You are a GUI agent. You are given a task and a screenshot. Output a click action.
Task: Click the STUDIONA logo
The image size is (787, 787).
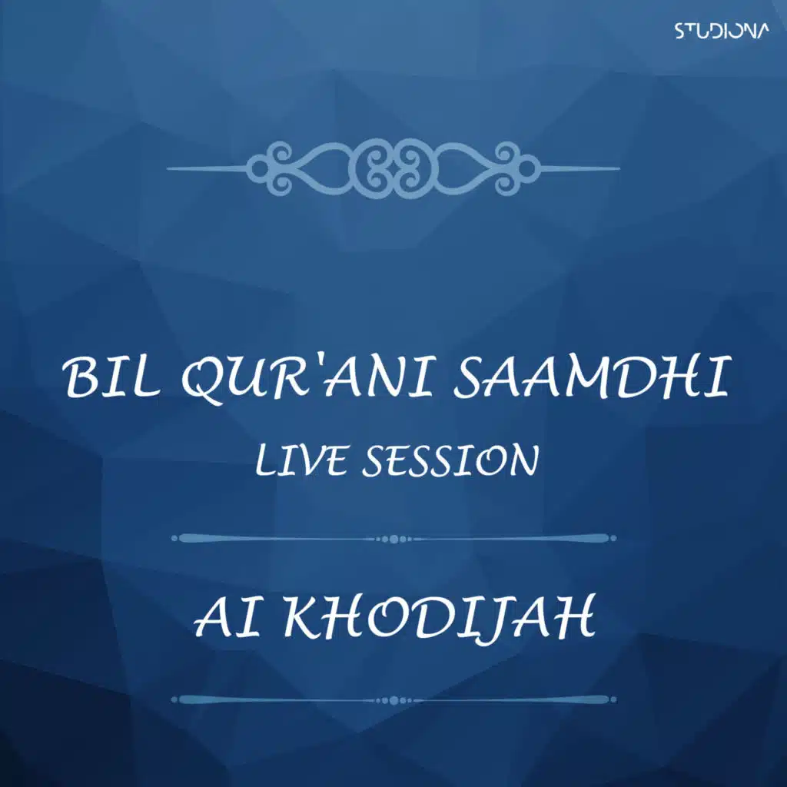[x=721, y=32]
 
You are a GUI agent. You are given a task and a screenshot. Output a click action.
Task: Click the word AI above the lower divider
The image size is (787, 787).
[x=227, y=617]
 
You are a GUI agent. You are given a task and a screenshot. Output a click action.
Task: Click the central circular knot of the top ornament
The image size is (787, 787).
[x=393, y=168]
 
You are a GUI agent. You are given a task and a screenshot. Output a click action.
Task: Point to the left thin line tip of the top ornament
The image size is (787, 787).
[x=168, y=168]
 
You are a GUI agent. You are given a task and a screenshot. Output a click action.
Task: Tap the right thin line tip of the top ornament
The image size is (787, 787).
[x=619, y=168]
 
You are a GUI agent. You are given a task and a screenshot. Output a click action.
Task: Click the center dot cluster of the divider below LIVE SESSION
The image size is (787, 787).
[x=393, y=539]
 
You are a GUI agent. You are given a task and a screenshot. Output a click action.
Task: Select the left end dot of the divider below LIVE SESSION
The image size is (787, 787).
[x=174, y=538]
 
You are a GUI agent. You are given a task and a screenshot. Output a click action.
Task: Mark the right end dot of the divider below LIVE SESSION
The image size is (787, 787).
[x=613, y=538]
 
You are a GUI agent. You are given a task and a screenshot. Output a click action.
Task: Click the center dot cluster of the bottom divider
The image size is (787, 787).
[x=393, y=700]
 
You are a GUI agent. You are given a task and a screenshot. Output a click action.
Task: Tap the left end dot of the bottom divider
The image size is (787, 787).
[x=174, y=699]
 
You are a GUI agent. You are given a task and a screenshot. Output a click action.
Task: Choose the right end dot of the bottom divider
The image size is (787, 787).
[x=613, y=699]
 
